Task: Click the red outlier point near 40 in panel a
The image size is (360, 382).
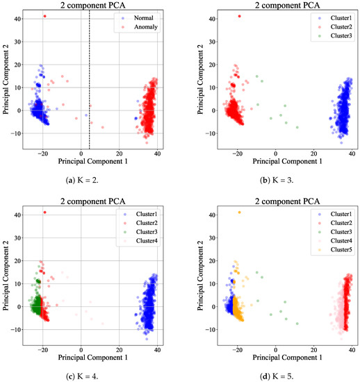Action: [x=45, y=16]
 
